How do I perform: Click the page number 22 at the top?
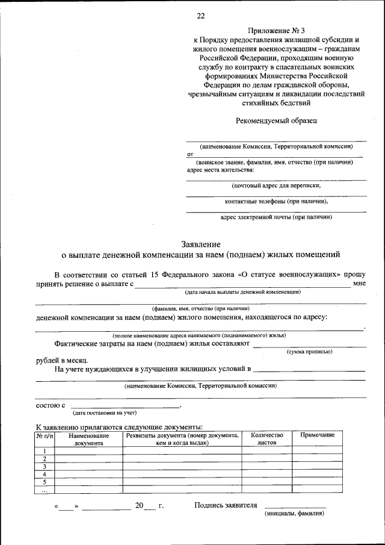coord(200,16)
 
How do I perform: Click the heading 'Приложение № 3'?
coord(276,30)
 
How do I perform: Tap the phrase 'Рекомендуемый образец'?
coord(276,120)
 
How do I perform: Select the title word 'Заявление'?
coord(200,244)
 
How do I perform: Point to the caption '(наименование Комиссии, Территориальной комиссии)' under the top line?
coord(276,146)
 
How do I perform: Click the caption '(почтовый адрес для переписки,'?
coord(276,186)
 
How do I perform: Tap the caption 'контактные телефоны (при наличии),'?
coord(276,201)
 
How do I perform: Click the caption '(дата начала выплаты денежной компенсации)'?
coord(243,292)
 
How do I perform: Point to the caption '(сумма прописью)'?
coord(309,350)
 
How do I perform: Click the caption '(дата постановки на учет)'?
coord(105,413)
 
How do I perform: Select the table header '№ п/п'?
coord(45,435)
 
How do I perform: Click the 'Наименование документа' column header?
coord(89,438)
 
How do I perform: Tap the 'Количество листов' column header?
coord(266,438)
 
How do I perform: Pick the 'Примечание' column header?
coord(317,435)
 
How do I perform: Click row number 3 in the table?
coord(45,466)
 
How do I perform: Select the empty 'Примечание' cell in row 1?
coord(317,450)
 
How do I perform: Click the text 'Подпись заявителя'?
coord(226,505)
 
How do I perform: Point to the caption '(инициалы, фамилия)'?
coord(295,514)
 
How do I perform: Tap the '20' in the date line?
coord(139,506)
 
